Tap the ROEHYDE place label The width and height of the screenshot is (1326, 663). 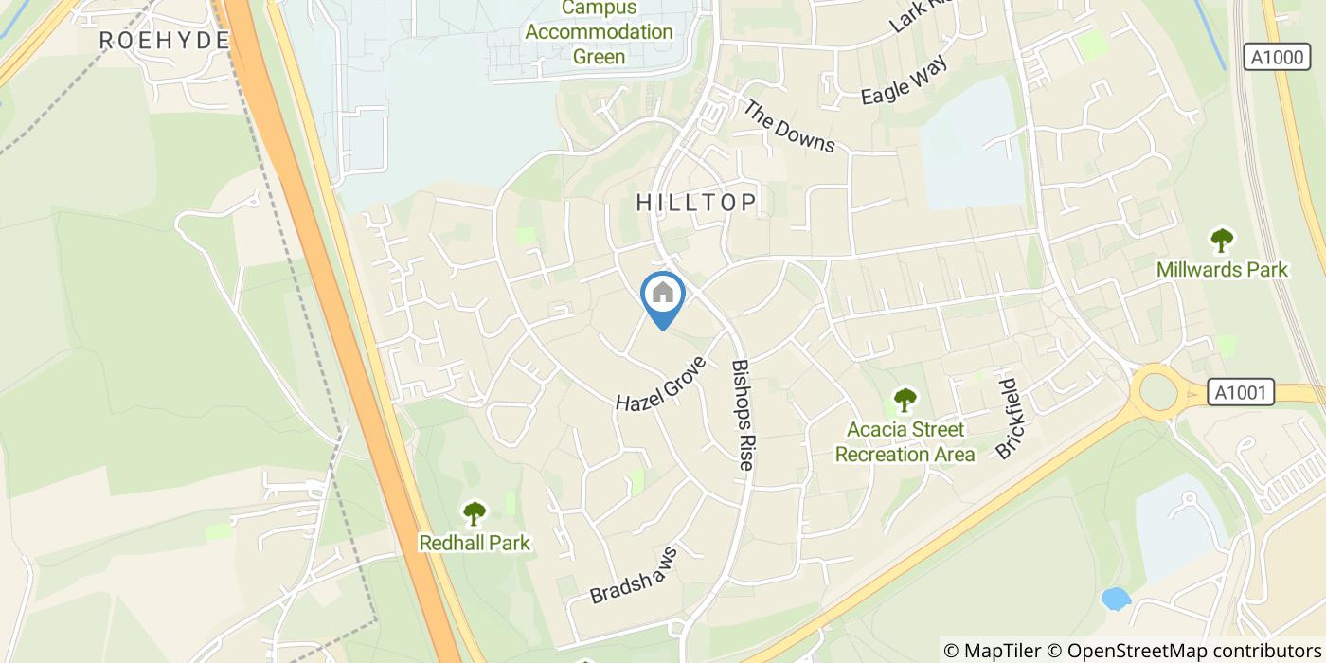(x=165, y=40)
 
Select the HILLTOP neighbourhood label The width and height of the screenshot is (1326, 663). (x=696, y=202)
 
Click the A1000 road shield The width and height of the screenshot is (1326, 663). (x=1276, y=58)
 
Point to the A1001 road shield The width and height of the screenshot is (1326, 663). (x=1241, y=392)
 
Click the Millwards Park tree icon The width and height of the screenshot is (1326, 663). (x=1222, y=241)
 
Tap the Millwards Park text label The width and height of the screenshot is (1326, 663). (x=1222, y=270)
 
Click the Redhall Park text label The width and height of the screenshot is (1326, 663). (x=474, y=544)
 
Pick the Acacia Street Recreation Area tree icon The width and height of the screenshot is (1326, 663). (x=905, y=400)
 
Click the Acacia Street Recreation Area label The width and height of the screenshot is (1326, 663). (x=905, y=442)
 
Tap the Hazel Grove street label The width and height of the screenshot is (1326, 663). (x=661, y=384)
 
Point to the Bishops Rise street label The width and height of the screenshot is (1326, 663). (x=744, y=415)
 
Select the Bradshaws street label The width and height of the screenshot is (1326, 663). (x=635, y=575)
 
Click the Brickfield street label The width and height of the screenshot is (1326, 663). (x=1005, y=419)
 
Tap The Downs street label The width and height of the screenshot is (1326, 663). (x=789, y=127)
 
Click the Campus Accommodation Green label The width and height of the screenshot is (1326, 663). (x=599, y=32)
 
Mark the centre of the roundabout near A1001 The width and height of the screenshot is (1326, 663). (x=1158, y=391)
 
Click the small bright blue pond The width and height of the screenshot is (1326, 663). (x=1116, y=599)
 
